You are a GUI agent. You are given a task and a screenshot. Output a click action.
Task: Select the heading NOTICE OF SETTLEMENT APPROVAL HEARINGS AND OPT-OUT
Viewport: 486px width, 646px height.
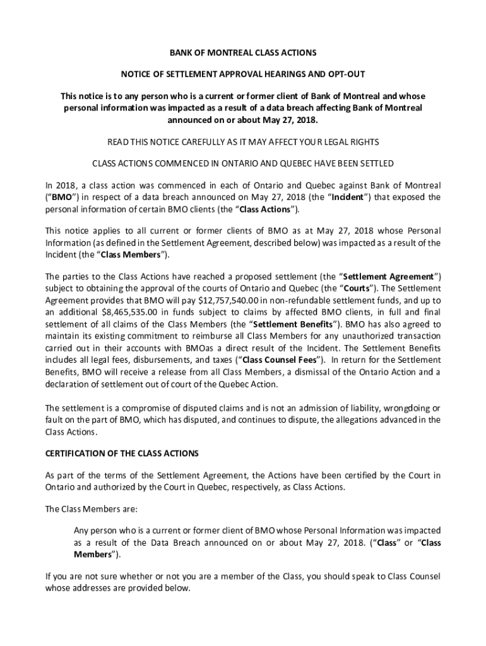(x=243, y=74)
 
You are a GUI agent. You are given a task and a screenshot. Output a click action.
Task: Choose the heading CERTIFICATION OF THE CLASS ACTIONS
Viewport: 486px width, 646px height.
(x=122, y=454)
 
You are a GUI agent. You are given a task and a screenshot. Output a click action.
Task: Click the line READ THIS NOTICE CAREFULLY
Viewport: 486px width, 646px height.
(x=243, y=141)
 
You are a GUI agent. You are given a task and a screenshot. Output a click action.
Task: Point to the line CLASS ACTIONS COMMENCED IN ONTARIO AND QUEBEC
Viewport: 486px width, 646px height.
(x=243, y=163)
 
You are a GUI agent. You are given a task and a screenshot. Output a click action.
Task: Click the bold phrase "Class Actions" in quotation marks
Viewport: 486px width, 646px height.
(x=266, y=209)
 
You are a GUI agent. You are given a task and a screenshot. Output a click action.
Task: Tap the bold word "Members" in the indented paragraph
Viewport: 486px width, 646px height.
(x=93, y=555)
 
